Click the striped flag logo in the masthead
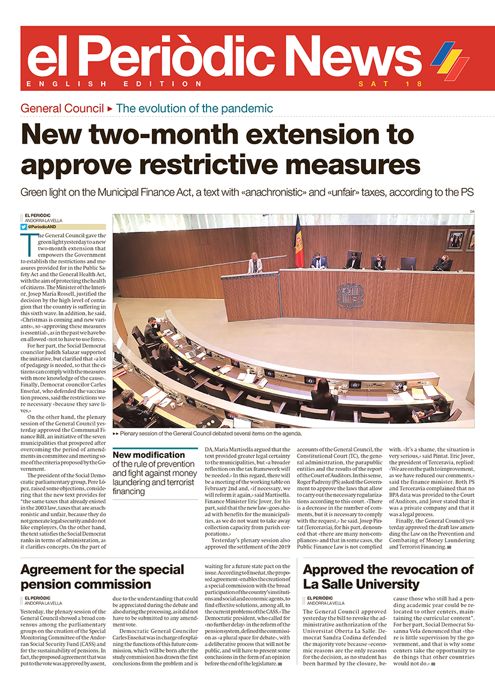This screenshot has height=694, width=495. point(450,59)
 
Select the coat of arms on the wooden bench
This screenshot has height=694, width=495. point(350,296)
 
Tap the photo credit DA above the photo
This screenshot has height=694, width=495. point(472,211)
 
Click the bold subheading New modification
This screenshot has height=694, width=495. point(149,455)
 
